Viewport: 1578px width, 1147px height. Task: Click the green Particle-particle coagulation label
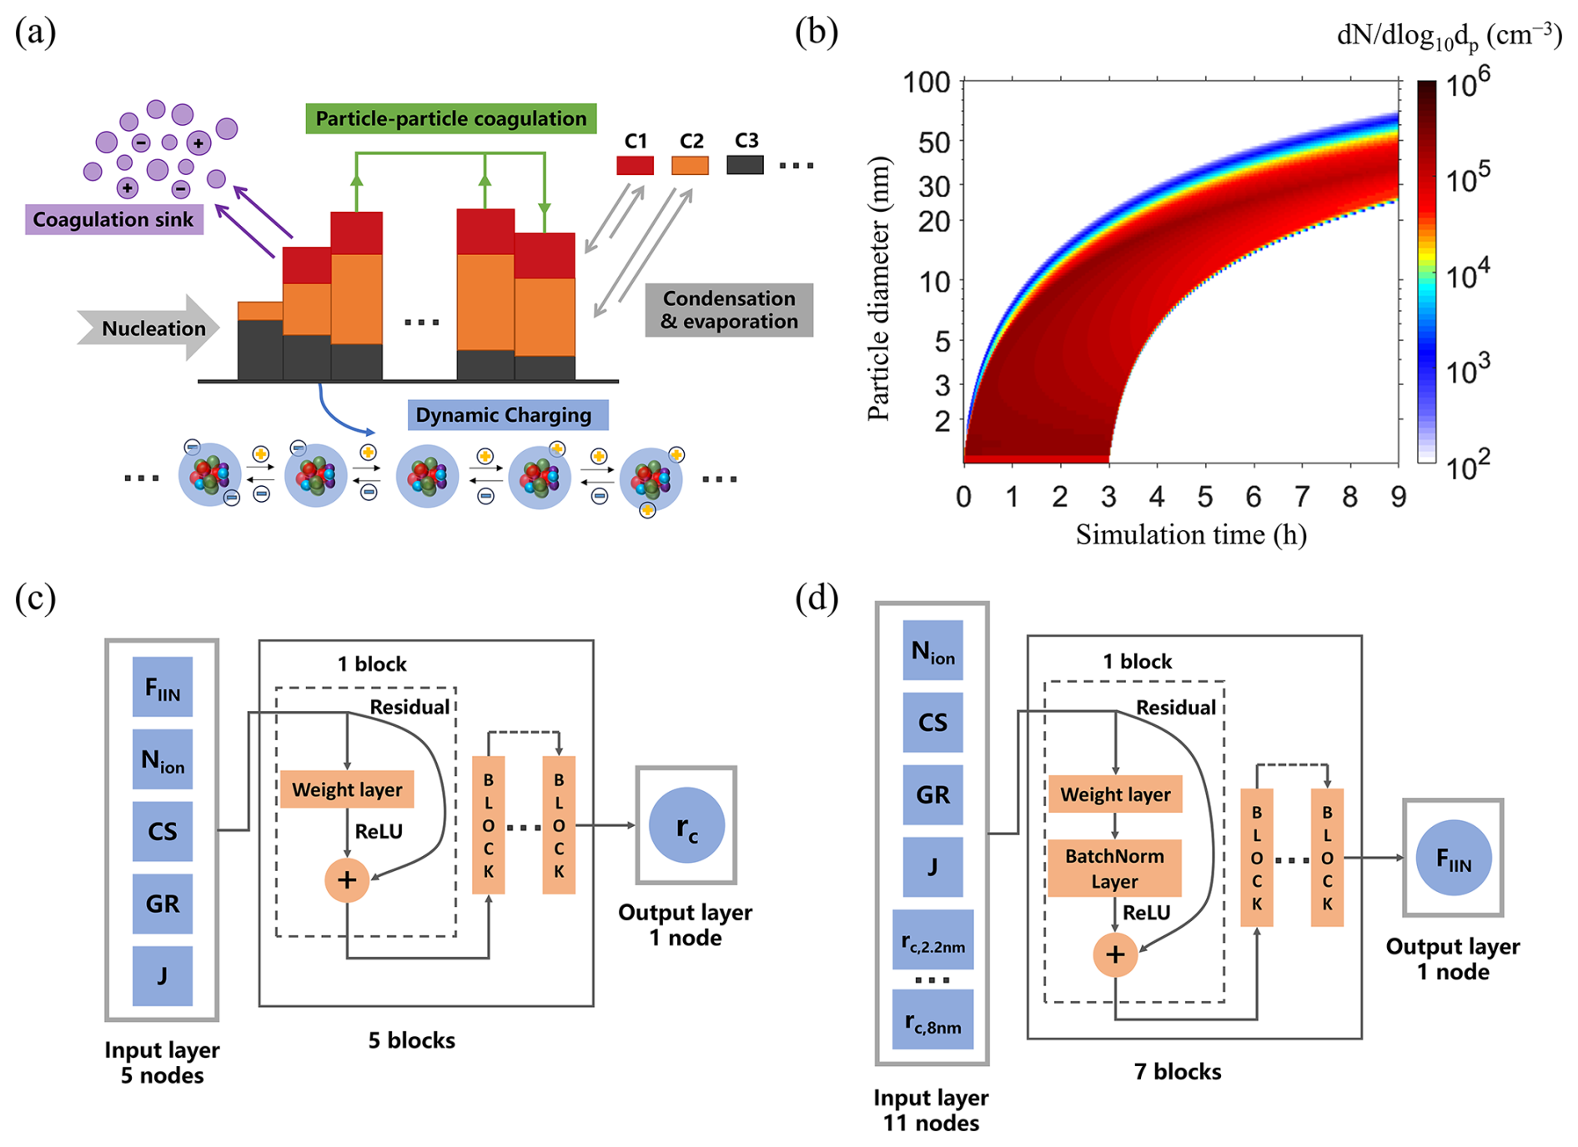[450, 119]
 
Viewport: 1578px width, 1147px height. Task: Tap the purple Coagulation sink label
[113, 219]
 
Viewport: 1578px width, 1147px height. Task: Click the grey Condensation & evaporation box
[729, 310]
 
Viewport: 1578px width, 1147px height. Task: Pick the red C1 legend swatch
[635, 165]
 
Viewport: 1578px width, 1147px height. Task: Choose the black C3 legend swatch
[745, 165]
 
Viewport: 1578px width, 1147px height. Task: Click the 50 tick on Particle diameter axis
[934, 143]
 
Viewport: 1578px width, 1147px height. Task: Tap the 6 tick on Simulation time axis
[1253, 498]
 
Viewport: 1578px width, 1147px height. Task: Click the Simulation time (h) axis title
[1190, 534]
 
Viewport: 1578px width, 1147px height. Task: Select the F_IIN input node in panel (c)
[163, 687]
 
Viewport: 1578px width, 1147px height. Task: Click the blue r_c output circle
[686, 825]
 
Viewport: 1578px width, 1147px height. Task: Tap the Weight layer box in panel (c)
[347, 789]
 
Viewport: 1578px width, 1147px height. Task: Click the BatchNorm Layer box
[1114, 869]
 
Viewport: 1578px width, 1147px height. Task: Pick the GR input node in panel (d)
[932, 794]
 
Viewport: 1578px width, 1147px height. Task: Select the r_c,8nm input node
[932, 1019]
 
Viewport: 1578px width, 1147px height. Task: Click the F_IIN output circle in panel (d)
[1453, 858]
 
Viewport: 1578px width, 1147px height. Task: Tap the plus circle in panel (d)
[1115, 954]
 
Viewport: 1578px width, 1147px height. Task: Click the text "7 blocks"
[1177, 1072]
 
